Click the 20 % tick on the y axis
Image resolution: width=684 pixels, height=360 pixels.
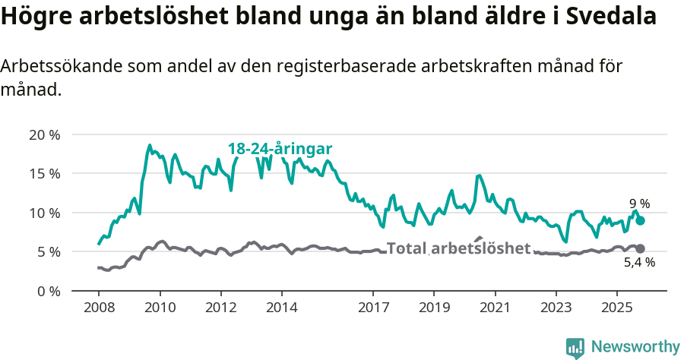[45, 135]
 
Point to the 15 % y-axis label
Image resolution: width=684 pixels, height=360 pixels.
[45, 174]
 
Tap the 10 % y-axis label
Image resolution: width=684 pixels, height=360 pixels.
[45, 213]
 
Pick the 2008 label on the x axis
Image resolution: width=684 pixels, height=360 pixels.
[99, 308]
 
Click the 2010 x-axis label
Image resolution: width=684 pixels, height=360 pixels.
[160, 308]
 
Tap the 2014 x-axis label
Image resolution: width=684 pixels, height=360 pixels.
[282, 308]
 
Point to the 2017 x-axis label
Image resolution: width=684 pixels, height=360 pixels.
[373, 308]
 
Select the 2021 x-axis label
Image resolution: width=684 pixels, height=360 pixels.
[495, 308]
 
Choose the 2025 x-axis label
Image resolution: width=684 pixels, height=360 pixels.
[616, 308]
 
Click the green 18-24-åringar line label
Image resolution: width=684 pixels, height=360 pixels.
[280, 149]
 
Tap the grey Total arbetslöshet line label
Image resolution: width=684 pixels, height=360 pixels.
[458, 248]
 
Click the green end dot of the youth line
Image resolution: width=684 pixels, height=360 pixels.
[641, 220]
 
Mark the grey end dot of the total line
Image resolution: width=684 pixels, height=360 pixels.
[641, 248]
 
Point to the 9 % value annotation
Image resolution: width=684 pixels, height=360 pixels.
[639, 204]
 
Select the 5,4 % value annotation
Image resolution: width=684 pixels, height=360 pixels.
[639, 263]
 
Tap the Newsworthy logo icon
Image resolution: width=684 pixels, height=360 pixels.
[575, 348]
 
